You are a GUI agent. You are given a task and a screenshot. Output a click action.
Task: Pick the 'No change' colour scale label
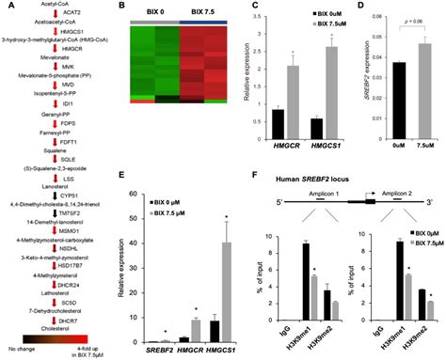click(x=22, y=349)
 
